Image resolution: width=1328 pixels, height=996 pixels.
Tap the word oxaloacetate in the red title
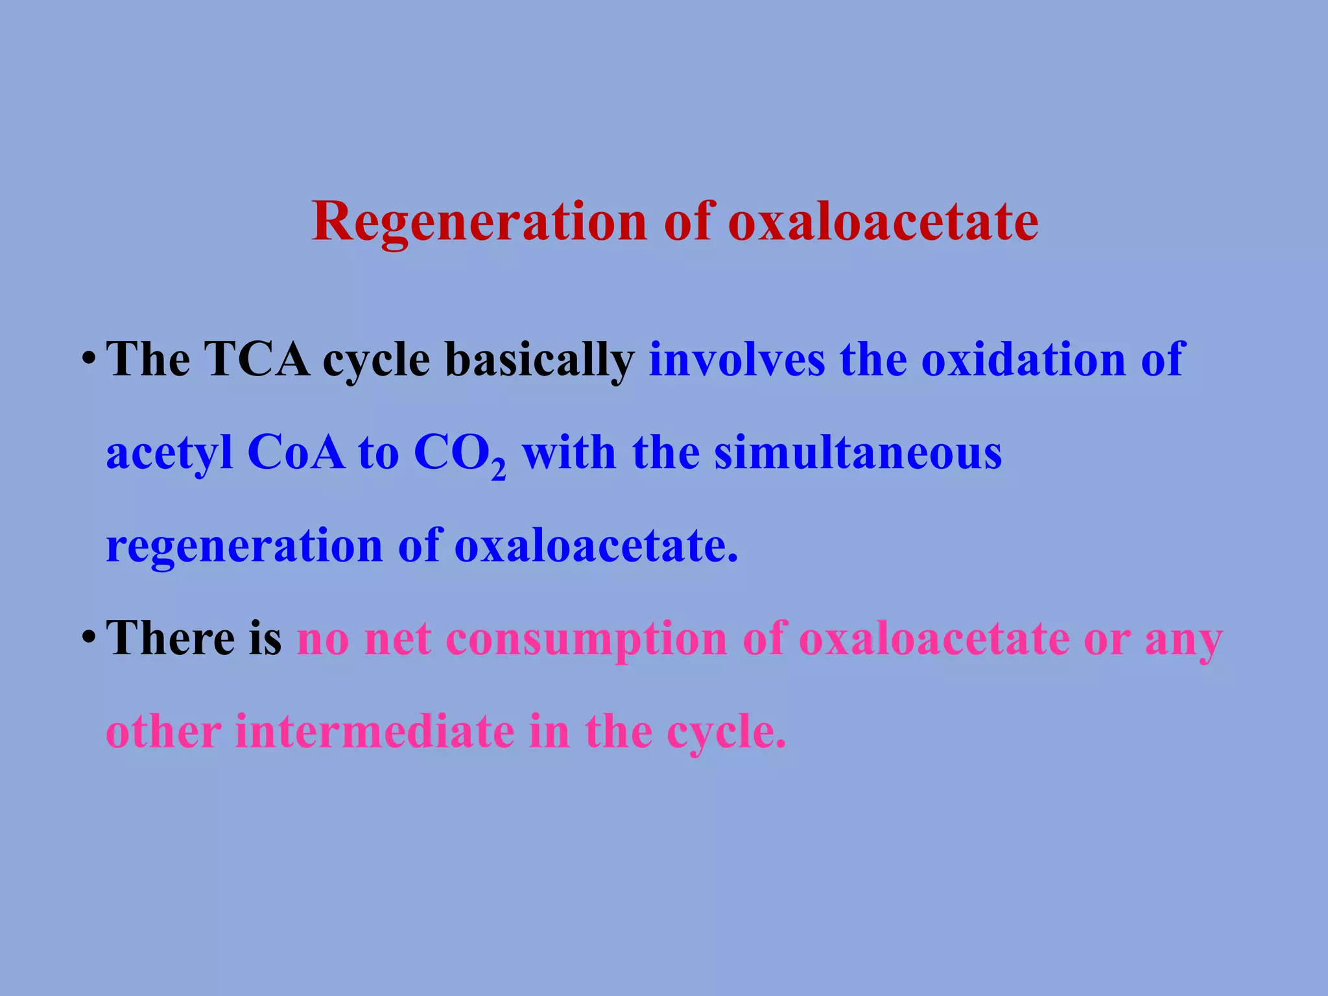pyautogui.click(x=883, y=223)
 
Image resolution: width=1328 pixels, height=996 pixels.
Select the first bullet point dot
pyautogui.click(x=89, y=359)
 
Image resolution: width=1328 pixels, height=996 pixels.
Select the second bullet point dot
pyautogui.click(x=89, y=637)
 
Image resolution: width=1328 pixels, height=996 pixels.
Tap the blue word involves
pyautogui.click(x=737, y=359)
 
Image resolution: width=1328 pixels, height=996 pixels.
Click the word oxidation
pyautogui.click(x=1024, y=359)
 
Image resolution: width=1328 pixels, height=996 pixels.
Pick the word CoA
pyautogui.click(x=296, y=453)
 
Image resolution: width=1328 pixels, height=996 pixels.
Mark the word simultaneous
pyautogui.click(x=858, y=453)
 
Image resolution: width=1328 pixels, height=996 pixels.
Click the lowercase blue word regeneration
pyautogui.click(x=244, y=547)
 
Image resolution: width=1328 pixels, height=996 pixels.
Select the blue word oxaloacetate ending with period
pyautogui.click(x=596, y=545)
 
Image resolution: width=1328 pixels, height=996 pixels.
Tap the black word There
pyautogui.click(x=171, y=638)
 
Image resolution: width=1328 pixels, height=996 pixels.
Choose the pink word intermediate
pyautogui.click(x=375, y=732)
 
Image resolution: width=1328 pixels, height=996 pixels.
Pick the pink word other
pyautogui.click(x=163, y=732)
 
